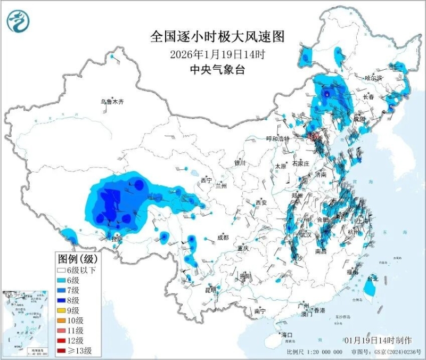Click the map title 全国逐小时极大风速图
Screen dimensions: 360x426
pos(218,36)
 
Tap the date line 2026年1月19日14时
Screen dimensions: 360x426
pos(217,54)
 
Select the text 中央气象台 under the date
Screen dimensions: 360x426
pos(217,69)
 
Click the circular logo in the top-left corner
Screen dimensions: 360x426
pos(18,22)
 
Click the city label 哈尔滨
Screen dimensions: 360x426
pos(373,78)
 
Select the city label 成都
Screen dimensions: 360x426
pos(223,238)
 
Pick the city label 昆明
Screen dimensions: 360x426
pos(211,290)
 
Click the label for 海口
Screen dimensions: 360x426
pos(287,335)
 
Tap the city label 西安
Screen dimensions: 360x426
pos(261,202)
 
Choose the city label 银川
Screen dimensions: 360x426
pos(240,163)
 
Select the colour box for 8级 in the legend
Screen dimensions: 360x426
pos(63,300)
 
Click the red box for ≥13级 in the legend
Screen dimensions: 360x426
pos(63,351)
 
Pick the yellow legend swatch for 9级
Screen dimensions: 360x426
pos(63,310)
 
